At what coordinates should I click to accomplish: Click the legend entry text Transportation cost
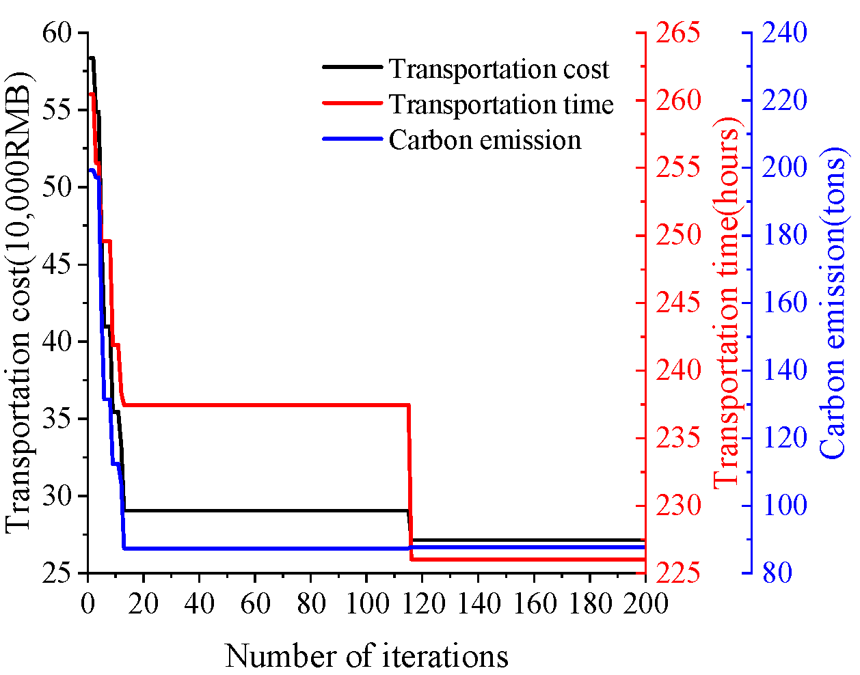(498, 69)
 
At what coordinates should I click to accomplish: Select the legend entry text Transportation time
(501, 105)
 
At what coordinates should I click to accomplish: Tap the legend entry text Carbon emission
(485, 140)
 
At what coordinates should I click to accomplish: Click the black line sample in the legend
(352, 67)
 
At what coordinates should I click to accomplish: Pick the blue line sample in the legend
(352, 138)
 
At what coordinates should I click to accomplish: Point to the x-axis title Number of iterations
(366, 657)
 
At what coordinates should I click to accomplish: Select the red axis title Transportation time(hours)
(726, 303)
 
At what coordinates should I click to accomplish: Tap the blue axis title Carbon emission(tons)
(832, 303)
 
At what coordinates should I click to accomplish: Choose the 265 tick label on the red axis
(678, 33)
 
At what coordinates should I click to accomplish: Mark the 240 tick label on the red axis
(678, 370)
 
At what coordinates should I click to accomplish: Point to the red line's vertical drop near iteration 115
(410, 478)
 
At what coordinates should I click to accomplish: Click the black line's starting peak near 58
(91, 59)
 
